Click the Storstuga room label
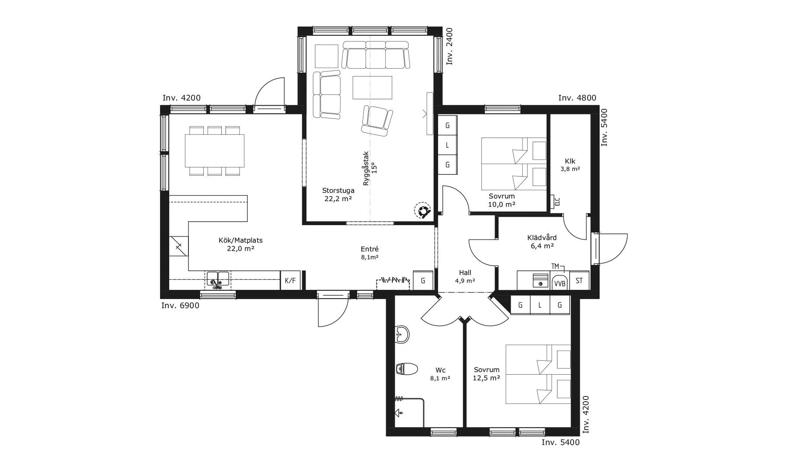pyautogui.click(x=338, y=195)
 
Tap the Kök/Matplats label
pyautogui.click(x=240, y=244)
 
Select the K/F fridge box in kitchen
pyautogui.click(x=290, y=281)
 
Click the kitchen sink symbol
pyautogui.click(x=217, y=280)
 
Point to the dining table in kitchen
pyautogui.click(x=214, y=151)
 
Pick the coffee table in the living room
pyautogui.click(x=372, y=87)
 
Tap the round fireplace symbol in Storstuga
pyautogui.click(x=422, y=211)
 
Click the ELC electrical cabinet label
pyautogui.click(x=557, y=202)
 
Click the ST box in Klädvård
pyautogui.click(x=579, y=281)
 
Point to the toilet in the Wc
pyautogui.click(x=407, y=369)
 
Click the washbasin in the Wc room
pyautogui.click(x=402, y=335)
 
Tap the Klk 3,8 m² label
pyautogui.click(x=570, y=165)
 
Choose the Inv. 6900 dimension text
pyautogui.click(x=180, y=306)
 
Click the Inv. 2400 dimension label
pyautogui.click(x=449, y=46)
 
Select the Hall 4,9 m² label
pyautogui.click(x=465, y=277)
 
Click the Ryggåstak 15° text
pyautogui.click(x=370, y=168)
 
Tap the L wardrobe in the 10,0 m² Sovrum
pyautogui.click(x=447, y=145)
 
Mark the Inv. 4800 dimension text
pyautogui.click(x=577, y=98)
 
